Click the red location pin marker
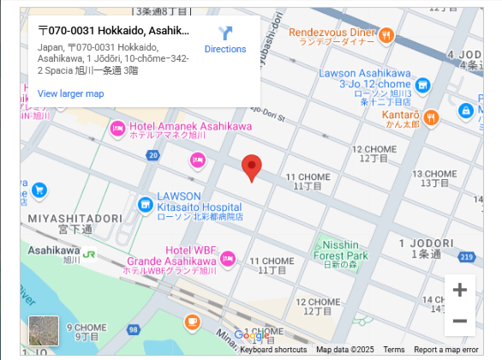pyautogui.click(x=251, y=168)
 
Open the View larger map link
pyautogui.click(x=70, y=93)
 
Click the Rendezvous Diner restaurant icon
pyautogui.click(x=386, y=35)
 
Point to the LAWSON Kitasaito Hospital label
pyautogui.click(x=200, y=207)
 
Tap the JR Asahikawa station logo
pyautogui.click(x=88, y=255)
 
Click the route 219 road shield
pyautogui.click(x=466, y=256)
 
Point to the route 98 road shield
pyautogui.click(x=133, y=330)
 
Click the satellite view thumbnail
pyautogui.click(x=44, y=330)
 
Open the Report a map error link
pyautogui.click(x=445, y=350)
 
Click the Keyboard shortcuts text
pyautogui.click(x=273, y=350)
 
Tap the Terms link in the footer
pyautogui.click(x=394, y=350)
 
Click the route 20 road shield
pyautogui.click(x=152, y=155)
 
